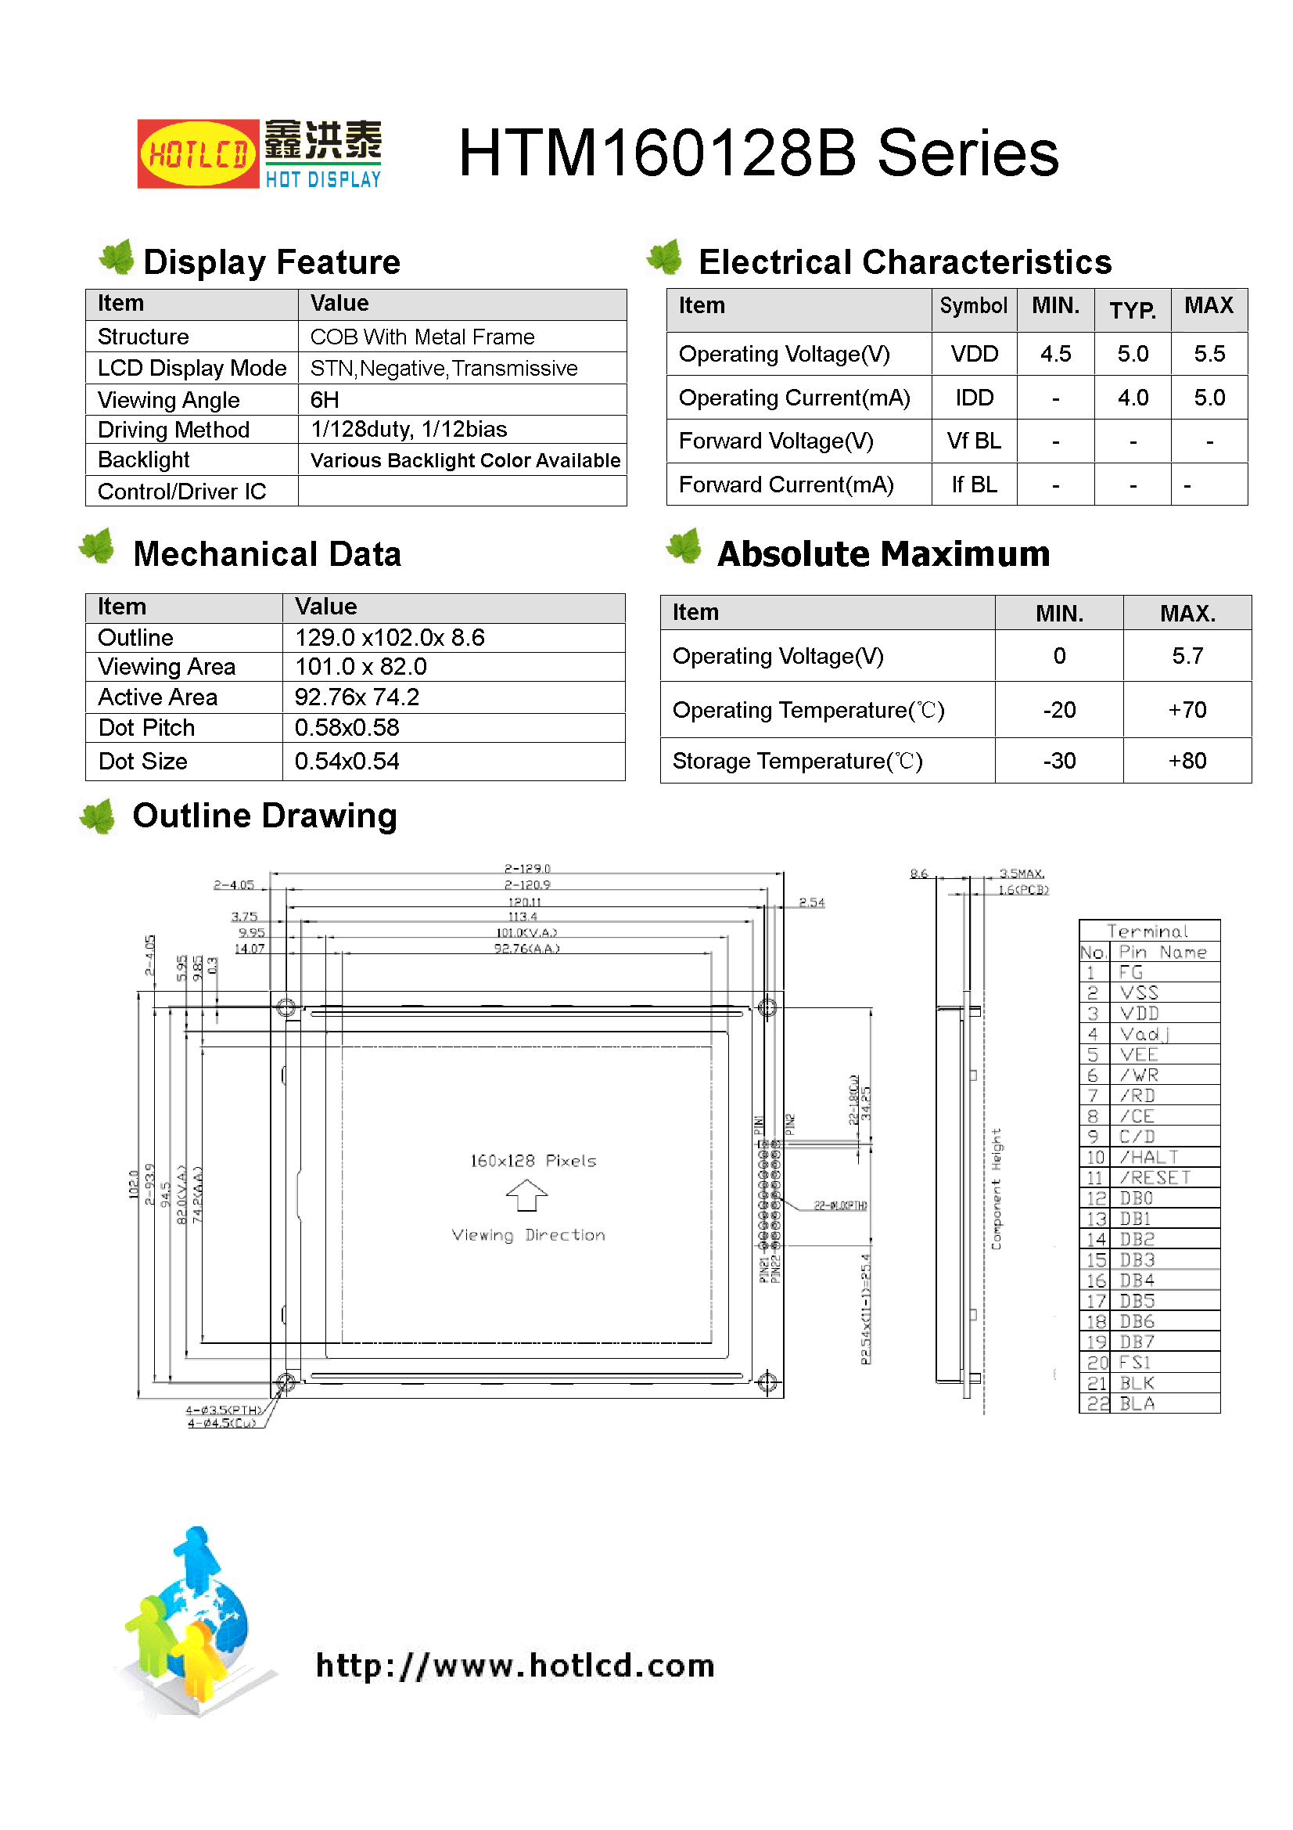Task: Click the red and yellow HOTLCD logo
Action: tap(198, 154)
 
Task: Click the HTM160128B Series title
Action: tap(758, 153)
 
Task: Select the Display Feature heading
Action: tap(271, 262)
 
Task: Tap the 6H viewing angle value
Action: tap(325, 399)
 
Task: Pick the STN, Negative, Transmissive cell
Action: tap(443, 368)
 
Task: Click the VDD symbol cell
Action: tap(974, 354)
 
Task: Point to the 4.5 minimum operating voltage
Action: tap(1054, 354)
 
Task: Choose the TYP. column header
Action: tap(1132, 310)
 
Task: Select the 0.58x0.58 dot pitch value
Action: tap(347, 728)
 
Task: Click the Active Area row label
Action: tap(158, 697)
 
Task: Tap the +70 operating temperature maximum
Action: tap(1187, 709)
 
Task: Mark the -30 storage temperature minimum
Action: tap(1059, 760)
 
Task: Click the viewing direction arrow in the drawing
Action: tap(526, 1195)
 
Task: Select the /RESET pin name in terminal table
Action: tap(1155, 1178)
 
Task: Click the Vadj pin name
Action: tap(1144, 1035)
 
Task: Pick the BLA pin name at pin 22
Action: tap(1137, 1403)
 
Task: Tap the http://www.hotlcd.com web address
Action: tap(515, 1666)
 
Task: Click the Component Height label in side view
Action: tap(996, 1188)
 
